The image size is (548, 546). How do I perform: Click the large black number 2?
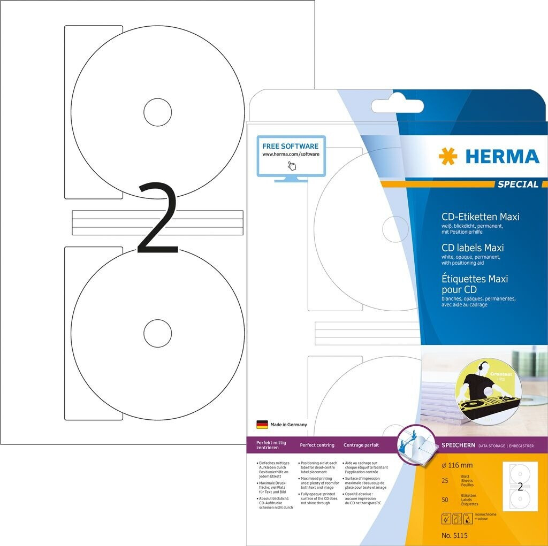click(x=157, y=219)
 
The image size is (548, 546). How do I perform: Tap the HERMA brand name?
click(x=502, y=156)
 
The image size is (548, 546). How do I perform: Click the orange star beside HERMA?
click(x=448, y=156)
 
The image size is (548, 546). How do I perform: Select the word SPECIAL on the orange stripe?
click(x=517, y=184)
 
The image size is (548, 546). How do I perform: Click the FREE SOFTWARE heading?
click(x=290, y=146)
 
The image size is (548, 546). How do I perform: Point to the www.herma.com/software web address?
click(x=291, y=154)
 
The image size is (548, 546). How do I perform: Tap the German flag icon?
click(x=262, y=425)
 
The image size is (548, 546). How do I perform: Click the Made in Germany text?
click(x=289, y=425)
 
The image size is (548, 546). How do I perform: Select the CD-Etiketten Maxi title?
click(x=480, y=217)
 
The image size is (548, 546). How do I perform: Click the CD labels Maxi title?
click(x=472, y=248)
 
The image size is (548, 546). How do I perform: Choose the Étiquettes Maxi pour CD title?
click(x=474, y=284)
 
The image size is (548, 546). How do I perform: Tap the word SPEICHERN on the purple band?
click(x=458, y=445)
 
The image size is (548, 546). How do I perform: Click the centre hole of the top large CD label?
click(x=157, y=112)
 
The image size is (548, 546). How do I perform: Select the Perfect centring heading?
click(x=317, y=445)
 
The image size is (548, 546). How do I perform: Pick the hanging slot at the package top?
click(x=397, y=106)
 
